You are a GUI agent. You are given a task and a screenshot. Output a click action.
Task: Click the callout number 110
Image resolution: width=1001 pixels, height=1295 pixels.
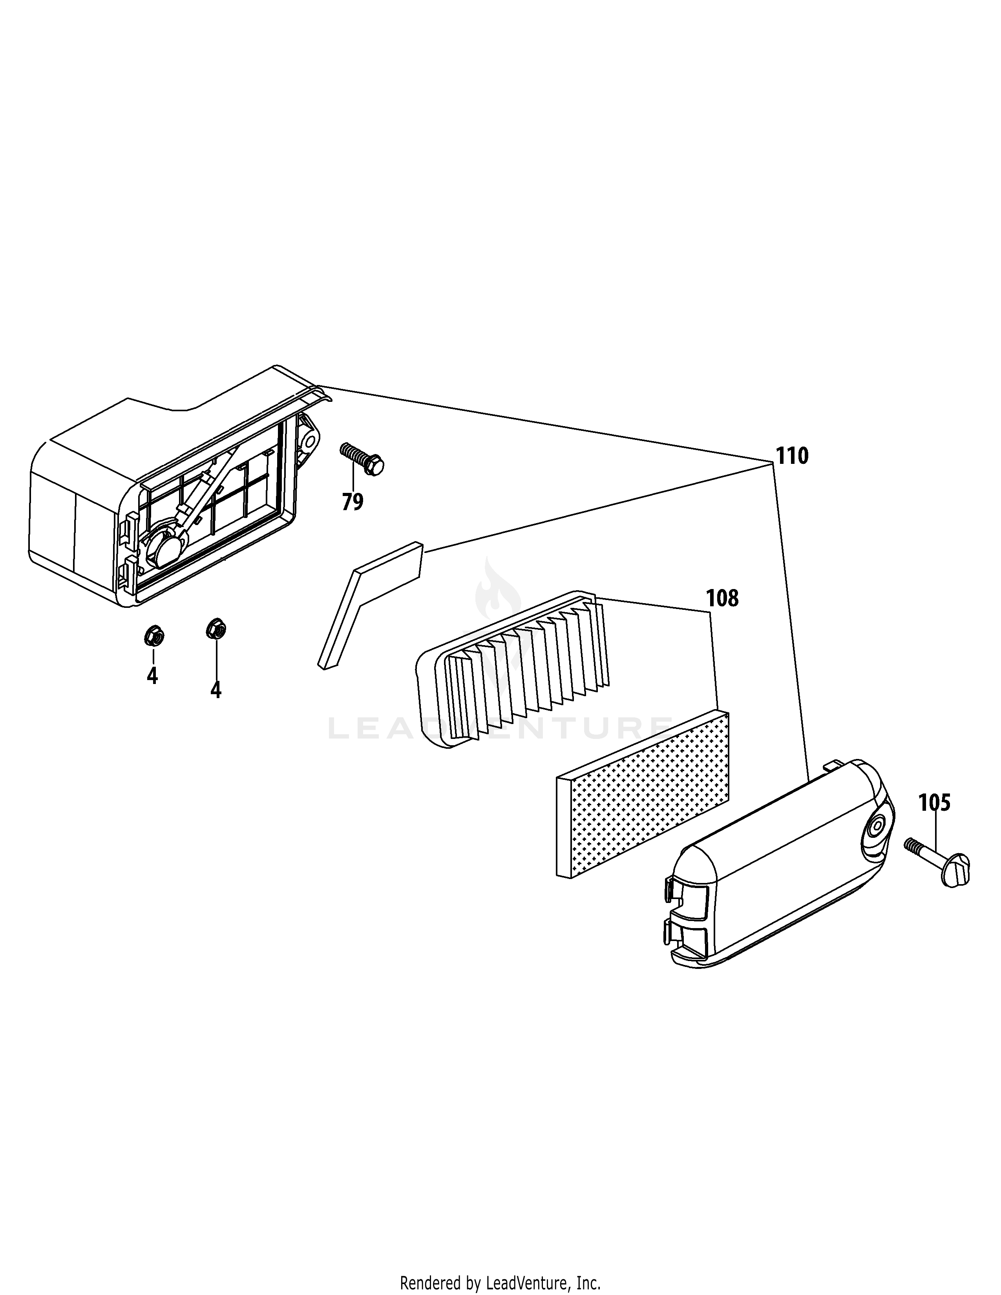click(792, 456)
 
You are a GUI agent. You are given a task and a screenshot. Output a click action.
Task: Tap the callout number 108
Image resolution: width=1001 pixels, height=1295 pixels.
click(722, 598)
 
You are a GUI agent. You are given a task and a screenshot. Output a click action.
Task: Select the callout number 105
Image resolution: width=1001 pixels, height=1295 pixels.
click(935, 803)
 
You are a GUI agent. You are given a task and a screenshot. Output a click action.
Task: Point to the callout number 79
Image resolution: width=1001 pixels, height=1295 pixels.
click(352, 502)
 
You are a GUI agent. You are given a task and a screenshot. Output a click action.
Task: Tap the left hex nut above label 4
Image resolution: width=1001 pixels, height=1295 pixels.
click(153, 636)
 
